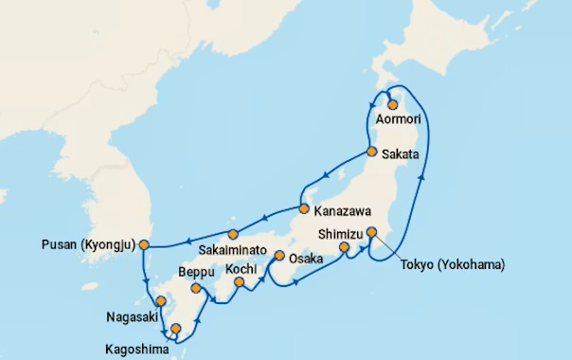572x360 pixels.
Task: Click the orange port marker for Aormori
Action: click(392, 105)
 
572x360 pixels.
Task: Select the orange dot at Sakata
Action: click(372, 152)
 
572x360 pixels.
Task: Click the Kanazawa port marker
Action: click(303, 208)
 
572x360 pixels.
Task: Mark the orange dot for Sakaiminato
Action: click(233, 234)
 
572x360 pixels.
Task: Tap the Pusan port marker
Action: click(144, 244)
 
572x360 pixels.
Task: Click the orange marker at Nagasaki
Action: click(161, 302)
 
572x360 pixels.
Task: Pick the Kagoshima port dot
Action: click(175, 329)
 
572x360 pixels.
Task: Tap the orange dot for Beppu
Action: click(196, 288)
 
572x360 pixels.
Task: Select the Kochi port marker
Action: click(240, 281)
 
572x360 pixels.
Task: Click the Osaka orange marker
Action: click(279, 255)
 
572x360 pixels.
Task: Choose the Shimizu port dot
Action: click(345, 248)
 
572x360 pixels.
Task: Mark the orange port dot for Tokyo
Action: click(372, 231)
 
